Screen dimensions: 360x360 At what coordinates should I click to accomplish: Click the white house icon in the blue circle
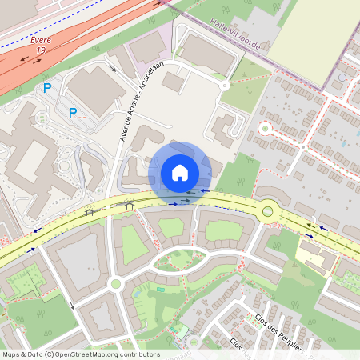click(180, 172)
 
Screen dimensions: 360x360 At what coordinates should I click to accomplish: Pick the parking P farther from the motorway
click(73, 113)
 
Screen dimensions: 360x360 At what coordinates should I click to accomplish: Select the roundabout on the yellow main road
click(268, 212)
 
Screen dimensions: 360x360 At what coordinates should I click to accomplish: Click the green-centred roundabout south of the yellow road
click(115, 283)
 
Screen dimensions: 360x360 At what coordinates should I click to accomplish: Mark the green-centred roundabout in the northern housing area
click(265, 128)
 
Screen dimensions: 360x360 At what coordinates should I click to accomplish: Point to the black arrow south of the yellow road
click(71, 305)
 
